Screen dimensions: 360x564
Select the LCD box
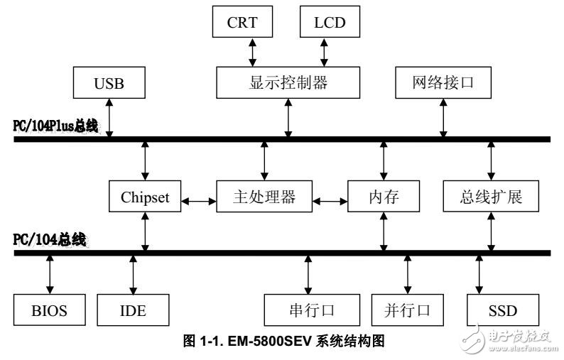point(329,22)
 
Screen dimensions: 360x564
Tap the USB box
point(109,83)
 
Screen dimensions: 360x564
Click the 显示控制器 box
point(288,83)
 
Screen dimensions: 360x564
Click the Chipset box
point(145,197)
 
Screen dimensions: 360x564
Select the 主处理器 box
point(264,197)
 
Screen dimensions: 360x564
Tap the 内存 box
point(383,197)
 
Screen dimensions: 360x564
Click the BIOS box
point(49,310)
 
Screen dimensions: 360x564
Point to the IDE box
point(134,310)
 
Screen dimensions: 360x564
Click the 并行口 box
point(407,310)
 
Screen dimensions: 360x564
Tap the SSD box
point(502,310)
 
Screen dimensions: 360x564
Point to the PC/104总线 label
point(50,239)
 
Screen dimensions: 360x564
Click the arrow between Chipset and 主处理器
point(199,202)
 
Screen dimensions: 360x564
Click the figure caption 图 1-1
point(284,342)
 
